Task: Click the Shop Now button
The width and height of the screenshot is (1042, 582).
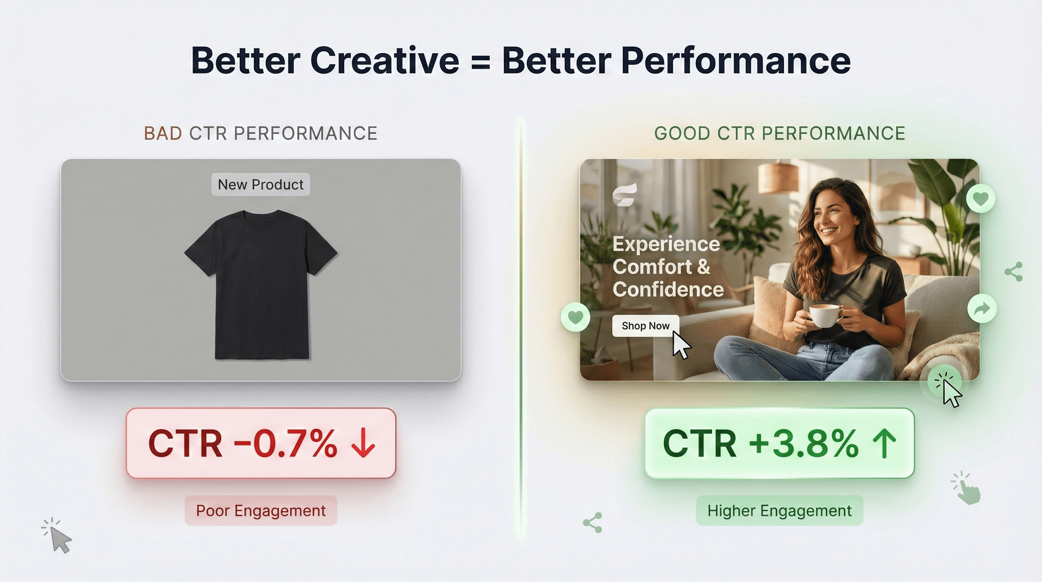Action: [x=646, y=326]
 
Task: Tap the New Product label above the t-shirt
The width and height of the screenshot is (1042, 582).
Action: [x=260, y=185]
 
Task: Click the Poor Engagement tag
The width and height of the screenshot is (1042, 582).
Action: [x=261, y=511]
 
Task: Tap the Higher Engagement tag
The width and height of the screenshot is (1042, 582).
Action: [x=780, y=511]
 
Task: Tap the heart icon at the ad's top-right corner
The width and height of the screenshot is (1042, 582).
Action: [x=981, y=199]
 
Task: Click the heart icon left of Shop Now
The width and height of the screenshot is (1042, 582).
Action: [x=576, y=317]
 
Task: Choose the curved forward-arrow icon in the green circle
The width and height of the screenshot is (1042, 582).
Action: [x=982, y=309]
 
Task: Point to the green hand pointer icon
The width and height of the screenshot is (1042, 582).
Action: [x=967, y=488]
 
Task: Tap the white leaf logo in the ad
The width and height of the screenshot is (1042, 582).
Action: [x=625, y=195]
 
